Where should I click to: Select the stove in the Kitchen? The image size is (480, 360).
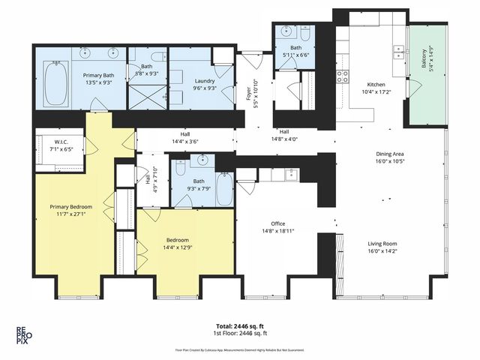tap(342, 76)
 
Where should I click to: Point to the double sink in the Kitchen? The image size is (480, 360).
tap(398, 52)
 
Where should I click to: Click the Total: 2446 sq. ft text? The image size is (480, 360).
tap(242, 327)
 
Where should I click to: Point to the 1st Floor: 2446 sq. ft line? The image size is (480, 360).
tap(242, 335)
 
